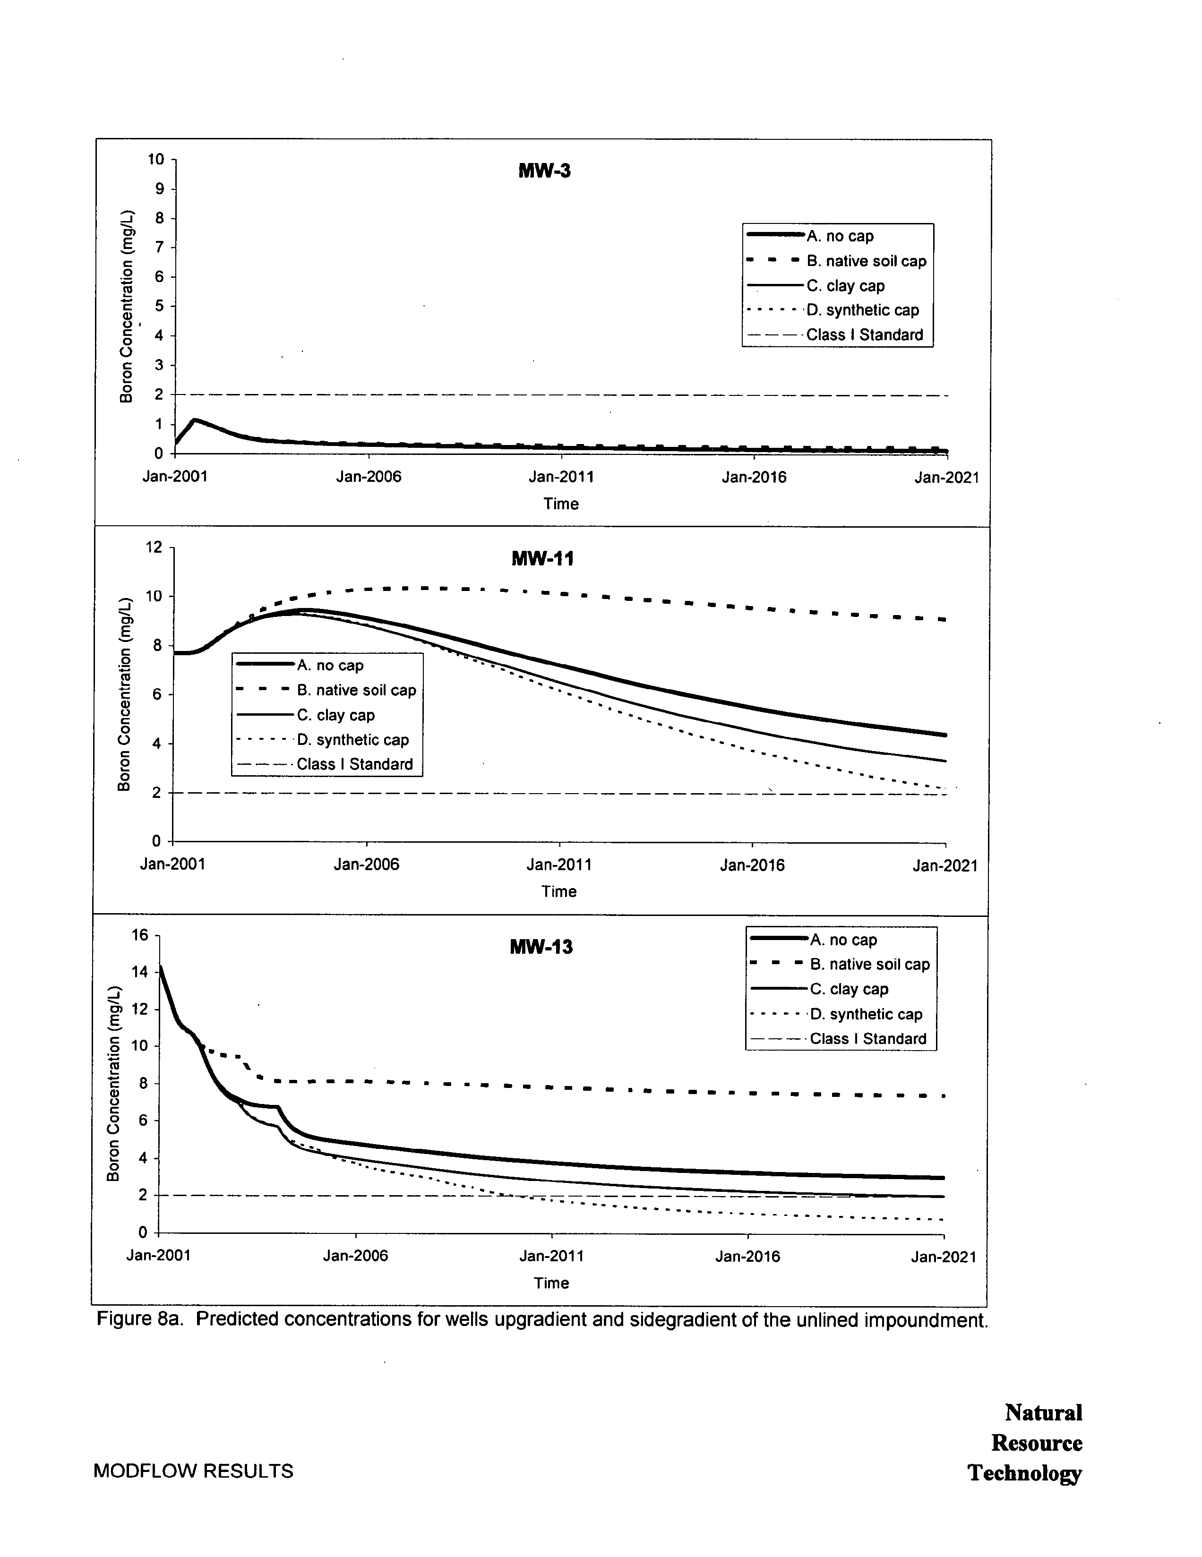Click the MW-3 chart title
click(x=544, y=171)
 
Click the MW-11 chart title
click(x=542, y=559)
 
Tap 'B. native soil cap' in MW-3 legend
click(x=866, y=261)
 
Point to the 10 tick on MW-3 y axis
click(x=156, y=159)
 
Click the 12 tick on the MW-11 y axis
click(x=154, y=548)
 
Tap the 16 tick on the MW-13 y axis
click(x=140, y=935)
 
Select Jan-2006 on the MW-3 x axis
click(x=369, y=477)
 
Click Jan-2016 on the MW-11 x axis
click(x=752, y=865)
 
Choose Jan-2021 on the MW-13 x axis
click(x=943, y=1257)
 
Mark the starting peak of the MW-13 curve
click(x=161, y=966)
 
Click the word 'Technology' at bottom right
click(x=1024, y=1473)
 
